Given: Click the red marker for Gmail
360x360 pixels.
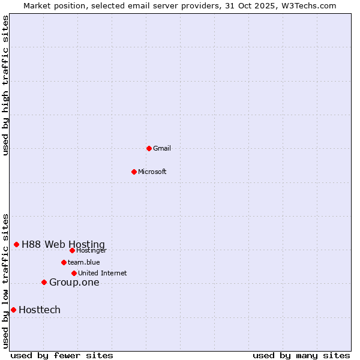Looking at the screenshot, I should (x=149, y=148).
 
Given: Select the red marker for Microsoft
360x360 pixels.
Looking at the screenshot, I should (x=134, y=172).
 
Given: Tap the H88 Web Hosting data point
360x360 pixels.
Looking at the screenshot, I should (x=16, y=244).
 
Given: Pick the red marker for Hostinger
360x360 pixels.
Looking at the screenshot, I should (x=72, y=250).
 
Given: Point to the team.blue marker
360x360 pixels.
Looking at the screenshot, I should (x=64, y=262).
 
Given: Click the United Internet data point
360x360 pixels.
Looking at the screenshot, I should (x=74, y=273).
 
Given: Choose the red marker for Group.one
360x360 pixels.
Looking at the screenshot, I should (x=44, y=282).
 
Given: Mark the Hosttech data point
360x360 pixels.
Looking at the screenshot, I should (x=13, y=310).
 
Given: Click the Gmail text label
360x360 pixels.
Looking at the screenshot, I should (x=162, y=148).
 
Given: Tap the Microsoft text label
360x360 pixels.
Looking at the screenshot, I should (x=152, y=172).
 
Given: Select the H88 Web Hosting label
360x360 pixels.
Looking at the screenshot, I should (x=63, y=244).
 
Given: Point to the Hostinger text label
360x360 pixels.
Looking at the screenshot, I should (x=91, y=250).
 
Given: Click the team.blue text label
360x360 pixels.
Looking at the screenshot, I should (x=84, y=262).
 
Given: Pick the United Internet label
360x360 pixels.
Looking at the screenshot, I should (x=102, y=273).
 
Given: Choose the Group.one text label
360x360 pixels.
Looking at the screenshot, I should (x=74, y=282).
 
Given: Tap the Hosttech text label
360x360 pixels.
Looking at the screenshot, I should (x=40, y=310).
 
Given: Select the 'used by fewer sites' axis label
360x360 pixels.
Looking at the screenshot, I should (x=62, y=355).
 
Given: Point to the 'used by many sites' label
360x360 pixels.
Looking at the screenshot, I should (x=301, y=355).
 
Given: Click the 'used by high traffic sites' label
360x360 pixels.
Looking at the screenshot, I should (x=5, y=85).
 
